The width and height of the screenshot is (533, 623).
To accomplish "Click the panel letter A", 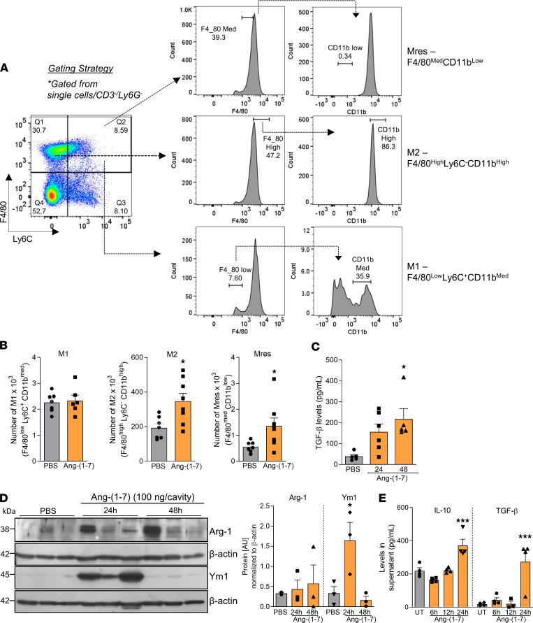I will coord(5,67).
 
